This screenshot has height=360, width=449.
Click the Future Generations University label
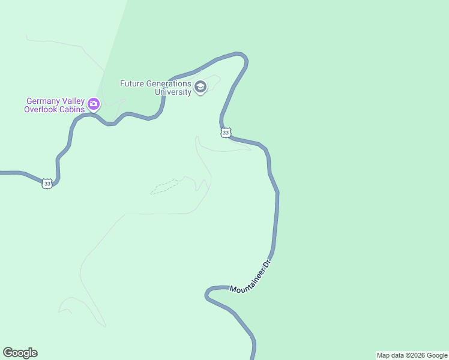click(x=155, y=88)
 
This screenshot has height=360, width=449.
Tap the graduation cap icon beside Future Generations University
click(x=200, y=88)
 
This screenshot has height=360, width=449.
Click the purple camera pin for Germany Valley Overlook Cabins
click(x=94, y=104)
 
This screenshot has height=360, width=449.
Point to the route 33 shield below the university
click(x=225, y=133)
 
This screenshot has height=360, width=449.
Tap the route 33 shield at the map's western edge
click(x=47, y=183)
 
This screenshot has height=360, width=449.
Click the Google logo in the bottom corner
click(x=20, y=353)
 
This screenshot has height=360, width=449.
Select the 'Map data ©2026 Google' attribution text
click(x=412, y=355)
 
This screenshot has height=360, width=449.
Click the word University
click(x=173, y=92)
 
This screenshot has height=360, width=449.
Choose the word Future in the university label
click(x=131, y=83)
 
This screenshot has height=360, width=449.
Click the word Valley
click(x=72, y=101)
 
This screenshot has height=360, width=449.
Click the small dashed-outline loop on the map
click(x=164, y=187)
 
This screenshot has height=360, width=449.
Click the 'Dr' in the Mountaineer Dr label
click(x=268, y=263)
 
